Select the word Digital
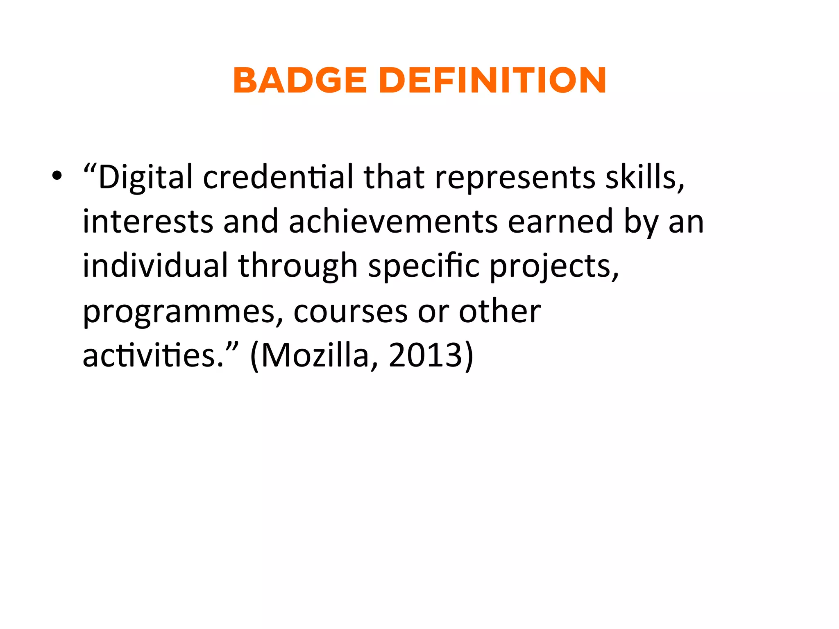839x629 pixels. click(x=145, y=178)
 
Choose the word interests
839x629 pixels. click(x=148, y=222)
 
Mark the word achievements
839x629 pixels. click(x=393, y=222)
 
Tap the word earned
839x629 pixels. click(x=561, y=222)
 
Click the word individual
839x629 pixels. click(x=155, y=266)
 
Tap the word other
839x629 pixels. click(x=500, y=311)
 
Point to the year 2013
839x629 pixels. click(x=426, y=355)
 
